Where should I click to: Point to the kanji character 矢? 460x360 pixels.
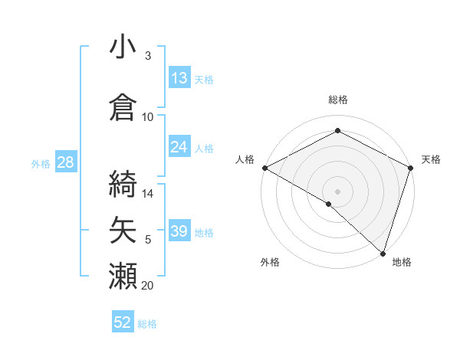[x=123, y=229]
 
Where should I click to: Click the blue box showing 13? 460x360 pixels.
[x=179, y=78]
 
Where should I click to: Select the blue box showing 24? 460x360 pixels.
[x=179, y=147]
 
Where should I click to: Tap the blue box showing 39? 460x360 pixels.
[x=179, y=231]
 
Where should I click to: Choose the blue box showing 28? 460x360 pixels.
[x=65, y=162]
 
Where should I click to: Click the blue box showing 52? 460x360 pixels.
[x=123, y=322]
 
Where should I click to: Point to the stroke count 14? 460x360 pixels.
[x=149, y=193]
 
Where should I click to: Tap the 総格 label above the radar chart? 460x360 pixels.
[x=337, y=100]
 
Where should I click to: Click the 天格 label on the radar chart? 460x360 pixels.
[x=431, y=159]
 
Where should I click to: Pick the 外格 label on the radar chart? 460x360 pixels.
[x=270, y=262]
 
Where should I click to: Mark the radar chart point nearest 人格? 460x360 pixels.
[x=264, y=168]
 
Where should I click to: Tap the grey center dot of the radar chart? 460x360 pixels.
[x=337, y=191]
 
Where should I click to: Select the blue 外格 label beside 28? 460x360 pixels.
[x=41, y=163]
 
